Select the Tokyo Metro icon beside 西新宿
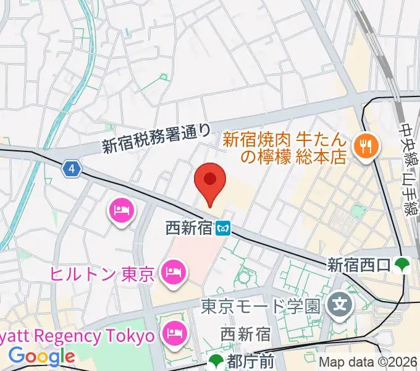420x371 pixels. point(224,229)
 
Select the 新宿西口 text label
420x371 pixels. point(359,265)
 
